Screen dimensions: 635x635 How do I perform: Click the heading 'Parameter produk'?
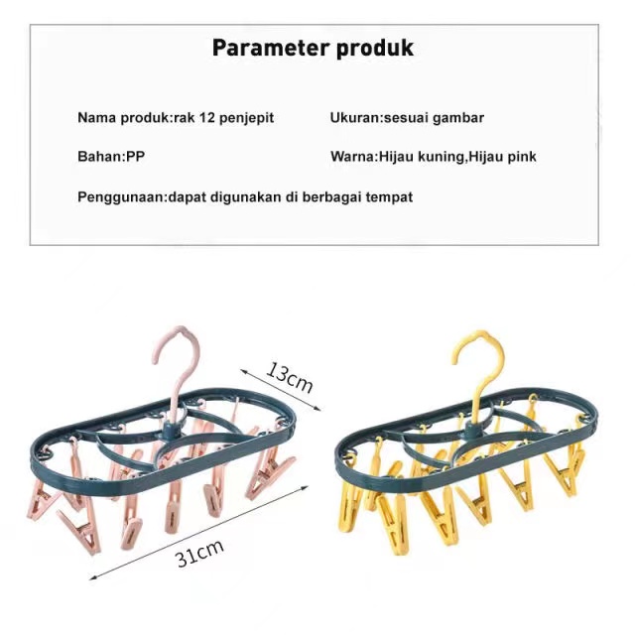coord(313,48)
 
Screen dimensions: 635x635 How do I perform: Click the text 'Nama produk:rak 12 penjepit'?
coord(176,117)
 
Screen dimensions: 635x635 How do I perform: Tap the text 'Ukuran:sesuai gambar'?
coord(407,117)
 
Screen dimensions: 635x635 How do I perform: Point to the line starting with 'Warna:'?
coord(434,157)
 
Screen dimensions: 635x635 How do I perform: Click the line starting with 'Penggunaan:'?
coord(245,196)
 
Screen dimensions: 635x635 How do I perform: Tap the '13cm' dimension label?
coord(290,377)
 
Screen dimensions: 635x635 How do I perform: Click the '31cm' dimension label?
coord(199,553)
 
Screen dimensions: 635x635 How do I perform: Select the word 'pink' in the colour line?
coord(521,157)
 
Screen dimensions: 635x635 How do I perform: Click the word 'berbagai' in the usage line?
coord(334,196)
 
